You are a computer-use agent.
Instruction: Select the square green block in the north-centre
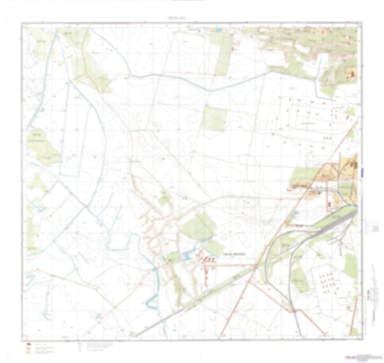tap(214, 118)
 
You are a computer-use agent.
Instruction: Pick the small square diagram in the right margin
tap(372, 226)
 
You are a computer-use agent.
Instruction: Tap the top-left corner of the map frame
tap(21, 24)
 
